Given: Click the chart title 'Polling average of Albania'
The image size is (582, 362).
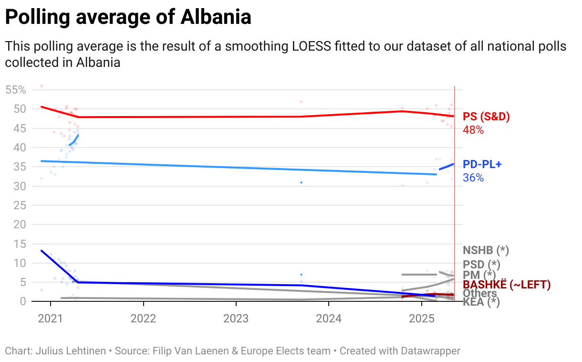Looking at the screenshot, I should tap(128, 18).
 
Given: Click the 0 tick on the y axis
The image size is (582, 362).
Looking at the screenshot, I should tap(21, 301).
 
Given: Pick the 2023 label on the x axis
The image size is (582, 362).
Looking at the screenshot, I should tap(236, 319).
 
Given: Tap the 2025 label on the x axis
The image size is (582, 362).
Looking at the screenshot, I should tap(421, 319).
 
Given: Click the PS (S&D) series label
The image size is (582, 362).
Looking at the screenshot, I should tap(487, 117).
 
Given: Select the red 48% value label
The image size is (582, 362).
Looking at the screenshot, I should tap(473, 130).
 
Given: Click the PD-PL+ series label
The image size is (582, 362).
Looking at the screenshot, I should tap(482, 165).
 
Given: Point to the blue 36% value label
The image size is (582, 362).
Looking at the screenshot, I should tap(473, 178).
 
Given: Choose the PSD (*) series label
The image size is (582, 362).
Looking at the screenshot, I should tap(481, 264).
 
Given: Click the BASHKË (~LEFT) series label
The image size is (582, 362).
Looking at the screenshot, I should tap(507, 285).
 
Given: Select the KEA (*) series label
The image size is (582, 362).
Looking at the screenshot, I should tap(481, 302).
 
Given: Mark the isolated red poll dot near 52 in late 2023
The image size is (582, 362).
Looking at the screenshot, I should tap(301, 102).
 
